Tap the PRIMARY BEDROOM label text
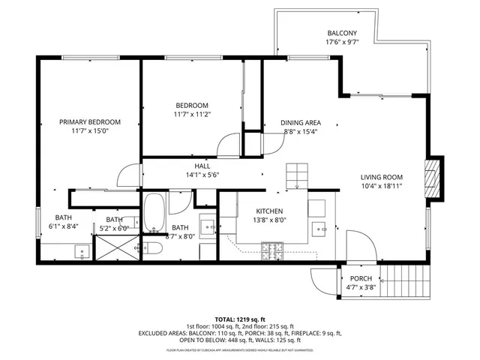[x=90, y=121]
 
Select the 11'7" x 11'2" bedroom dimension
[x=192, y=115]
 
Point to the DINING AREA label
[x=301, y=122]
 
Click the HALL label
[x=202, y=166]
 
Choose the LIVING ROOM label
[x=382, y=177]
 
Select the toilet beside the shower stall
[x=152, y=248]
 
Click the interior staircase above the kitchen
[x=297, y=175]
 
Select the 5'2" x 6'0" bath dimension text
[x=112, y=228]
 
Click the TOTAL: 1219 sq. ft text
[x=240, y=319]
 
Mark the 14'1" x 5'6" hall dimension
[x=202, y=175]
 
